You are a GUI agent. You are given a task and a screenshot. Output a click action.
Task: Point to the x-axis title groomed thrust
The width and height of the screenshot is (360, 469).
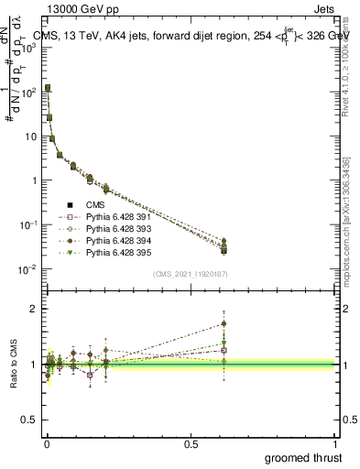[303, 457]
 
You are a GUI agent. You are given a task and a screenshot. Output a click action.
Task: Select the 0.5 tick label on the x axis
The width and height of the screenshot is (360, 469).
[191, 442]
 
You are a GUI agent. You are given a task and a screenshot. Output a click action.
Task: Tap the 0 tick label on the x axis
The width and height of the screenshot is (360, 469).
[46, 442]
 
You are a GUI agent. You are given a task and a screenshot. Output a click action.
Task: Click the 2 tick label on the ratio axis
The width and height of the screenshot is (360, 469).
[34, 309]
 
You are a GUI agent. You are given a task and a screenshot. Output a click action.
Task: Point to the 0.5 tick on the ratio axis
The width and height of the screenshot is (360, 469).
[30, 420]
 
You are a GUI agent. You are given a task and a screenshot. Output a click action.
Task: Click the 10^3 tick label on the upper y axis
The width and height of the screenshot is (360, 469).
[28, 48]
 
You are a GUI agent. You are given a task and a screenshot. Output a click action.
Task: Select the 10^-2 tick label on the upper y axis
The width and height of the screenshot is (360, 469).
[28, 269]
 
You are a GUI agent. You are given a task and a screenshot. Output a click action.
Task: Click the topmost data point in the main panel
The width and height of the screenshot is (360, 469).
[48, 88]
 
